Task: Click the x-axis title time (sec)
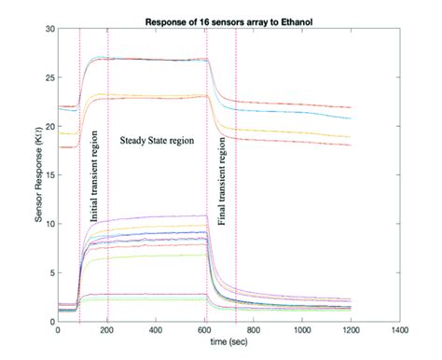[228, 341]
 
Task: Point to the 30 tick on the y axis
[49, 30]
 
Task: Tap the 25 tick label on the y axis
[49, 78]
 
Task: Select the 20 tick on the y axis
[49, 127]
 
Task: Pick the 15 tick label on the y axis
[49, 175]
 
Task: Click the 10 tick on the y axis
[49, 224]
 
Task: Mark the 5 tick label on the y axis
[51, 272]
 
